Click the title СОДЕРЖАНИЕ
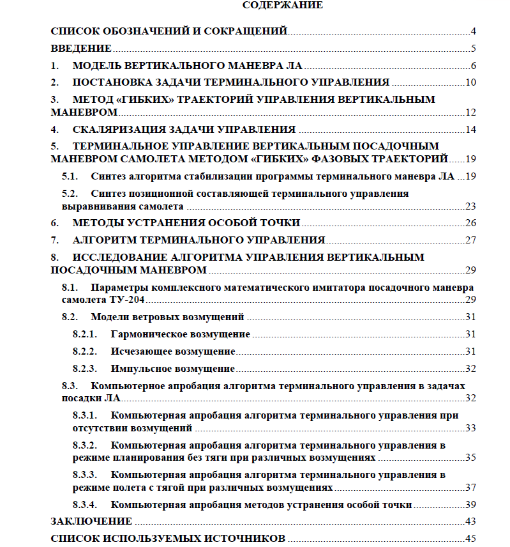click(x=283, y=6)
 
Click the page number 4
click(x=474, y=31)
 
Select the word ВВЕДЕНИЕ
click(x=81, y=48)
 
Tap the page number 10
click(x=471, y=82)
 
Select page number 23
click(x=471, y=206)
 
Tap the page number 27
click(x=471, y=240)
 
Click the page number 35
click(x=471, y=458)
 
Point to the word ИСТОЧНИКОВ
click(x=236, y=539)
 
